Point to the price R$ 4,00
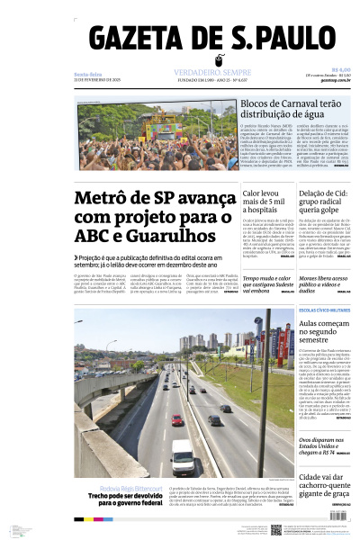click(341, 68)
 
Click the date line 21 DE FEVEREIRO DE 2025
click(97, 81)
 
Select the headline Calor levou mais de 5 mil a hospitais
click(263, 204)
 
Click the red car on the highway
click(177, 419)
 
